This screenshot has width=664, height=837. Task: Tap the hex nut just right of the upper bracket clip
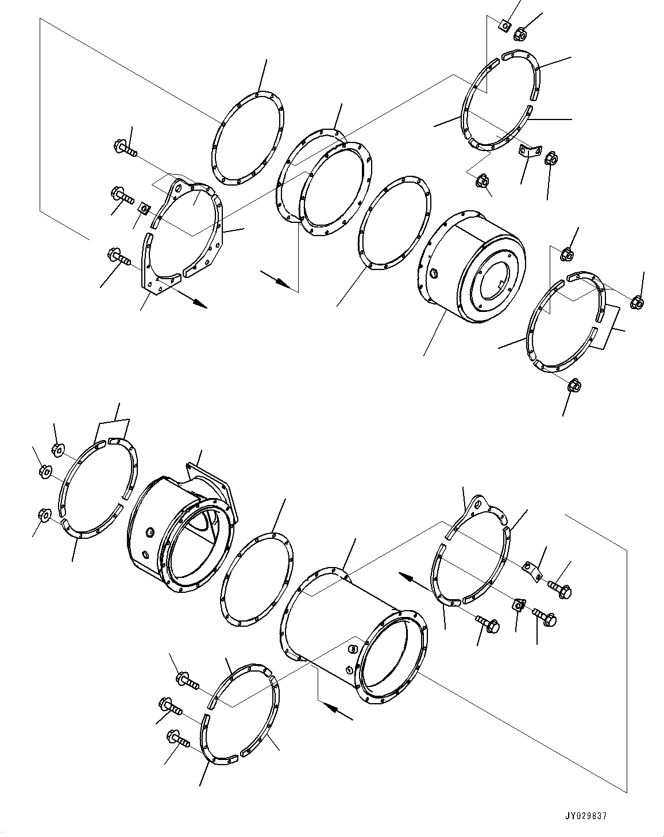[x=549, y=157]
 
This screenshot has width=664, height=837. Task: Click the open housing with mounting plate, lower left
[x=178, y=534]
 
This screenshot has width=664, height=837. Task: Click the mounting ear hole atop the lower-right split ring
[x=476, y=505]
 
